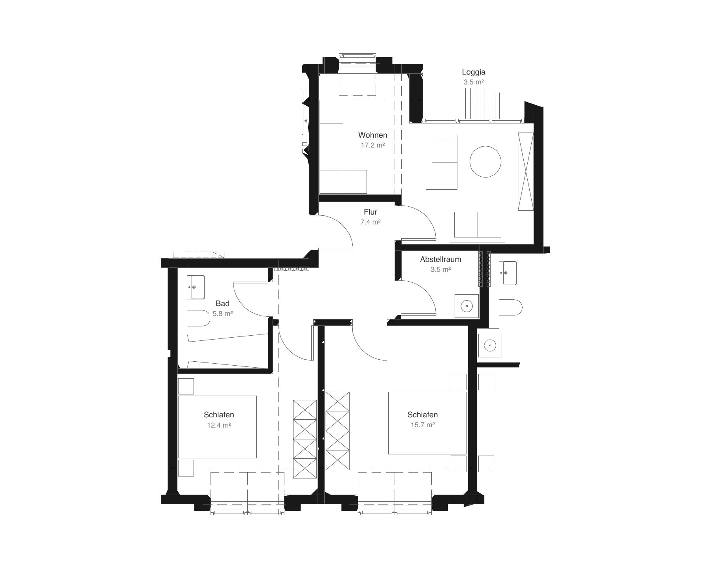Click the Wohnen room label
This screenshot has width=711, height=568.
click(x=372, y=135)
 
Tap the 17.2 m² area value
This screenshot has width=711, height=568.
click(x=372, y=145)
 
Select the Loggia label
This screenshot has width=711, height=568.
click(x=474, y=72)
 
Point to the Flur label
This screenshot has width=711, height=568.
click(x=371, y=212)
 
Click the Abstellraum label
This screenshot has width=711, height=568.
click(x=440, y=260)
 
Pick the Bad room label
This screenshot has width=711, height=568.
click(x=222, y=303)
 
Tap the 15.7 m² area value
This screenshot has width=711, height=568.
click(x=423, y=425)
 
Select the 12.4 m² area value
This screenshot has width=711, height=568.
click(x=219, y=425)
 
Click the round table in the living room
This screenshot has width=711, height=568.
click(x=485, y=162)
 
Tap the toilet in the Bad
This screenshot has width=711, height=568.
click(x=199, y=318)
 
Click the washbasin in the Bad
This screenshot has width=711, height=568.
click(x=196, y=287)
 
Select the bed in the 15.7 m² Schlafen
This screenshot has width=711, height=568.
click(x=427, y=423)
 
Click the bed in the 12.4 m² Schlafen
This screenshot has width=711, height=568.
click(x=217, y=427)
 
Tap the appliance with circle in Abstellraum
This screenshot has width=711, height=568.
click(x=466, y=306)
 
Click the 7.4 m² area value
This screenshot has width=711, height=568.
click(x=371, y=222)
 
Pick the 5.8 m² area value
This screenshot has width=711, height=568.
click(x=222, y=314)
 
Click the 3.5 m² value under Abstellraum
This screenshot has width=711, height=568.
click(x=440, y=270)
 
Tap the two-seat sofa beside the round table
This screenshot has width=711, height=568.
click(x=442, y=162)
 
